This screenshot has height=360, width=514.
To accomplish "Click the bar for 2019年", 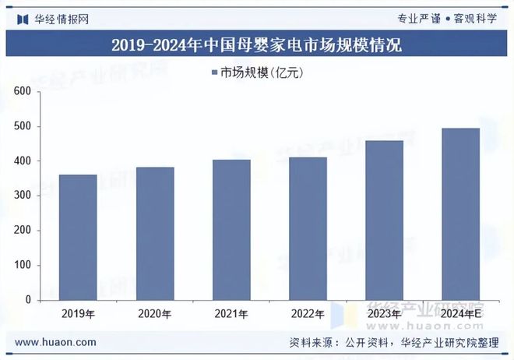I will pos(78,237).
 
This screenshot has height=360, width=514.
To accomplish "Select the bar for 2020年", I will pos(154,233).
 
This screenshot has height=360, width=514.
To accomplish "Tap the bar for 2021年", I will pos(231,229).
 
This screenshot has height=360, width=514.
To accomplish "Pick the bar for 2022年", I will pos(308,228).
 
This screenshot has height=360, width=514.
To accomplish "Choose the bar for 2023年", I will pos(384,220).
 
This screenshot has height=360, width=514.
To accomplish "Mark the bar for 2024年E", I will pos(460,214).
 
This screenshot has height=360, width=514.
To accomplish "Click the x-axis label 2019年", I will pos(78,314).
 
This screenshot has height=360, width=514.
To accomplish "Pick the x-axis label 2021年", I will pos(231,314).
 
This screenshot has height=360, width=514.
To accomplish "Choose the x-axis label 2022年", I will pos(308,314).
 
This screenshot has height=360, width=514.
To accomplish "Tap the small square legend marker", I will pos(214,73).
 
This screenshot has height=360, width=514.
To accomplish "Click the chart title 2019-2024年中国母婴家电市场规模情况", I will pos(256,45).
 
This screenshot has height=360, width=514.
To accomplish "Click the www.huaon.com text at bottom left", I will pos(56,342).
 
